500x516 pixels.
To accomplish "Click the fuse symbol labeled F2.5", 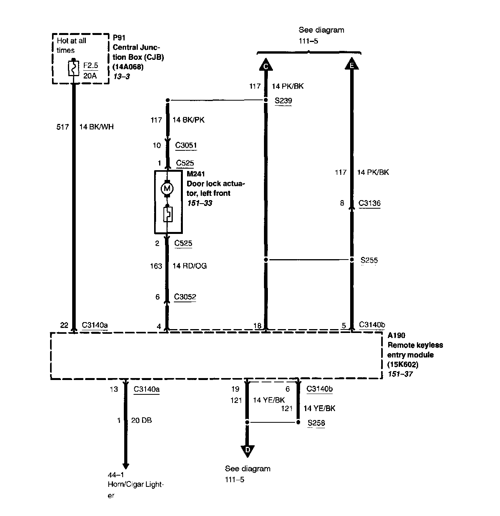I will point(73,68).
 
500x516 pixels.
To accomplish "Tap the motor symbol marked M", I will point(167,189).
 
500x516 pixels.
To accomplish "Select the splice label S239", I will point(283,101).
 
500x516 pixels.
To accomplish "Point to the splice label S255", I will point(369,260).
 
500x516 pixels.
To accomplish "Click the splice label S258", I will point(316,423).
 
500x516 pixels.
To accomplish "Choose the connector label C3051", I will point(186,145).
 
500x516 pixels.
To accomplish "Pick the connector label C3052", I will point(185,297).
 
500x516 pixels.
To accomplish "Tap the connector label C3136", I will point(369,203).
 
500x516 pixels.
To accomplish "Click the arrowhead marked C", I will point(266,64).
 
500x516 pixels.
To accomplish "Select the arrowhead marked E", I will point(352,64).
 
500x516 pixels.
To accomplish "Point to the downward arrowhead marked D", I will point(247,450).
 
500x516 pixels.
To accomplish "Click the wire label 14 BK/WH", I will point(96,127).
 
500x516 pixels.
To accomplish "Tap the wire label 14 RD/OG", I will point(189,266).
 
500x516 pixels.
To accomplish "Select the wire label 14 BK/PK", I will point(188,120).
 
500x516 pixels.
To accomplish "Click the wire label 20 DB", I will point(141,420).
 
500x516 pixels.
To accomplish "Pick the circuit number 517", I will point(62,127).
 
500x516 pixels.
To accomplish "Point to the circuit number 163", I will point(156,266).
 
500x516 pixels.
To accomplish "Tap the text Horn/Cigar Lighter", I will point(135,489).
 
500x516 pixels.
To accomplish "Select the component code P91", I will point(119,38).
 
